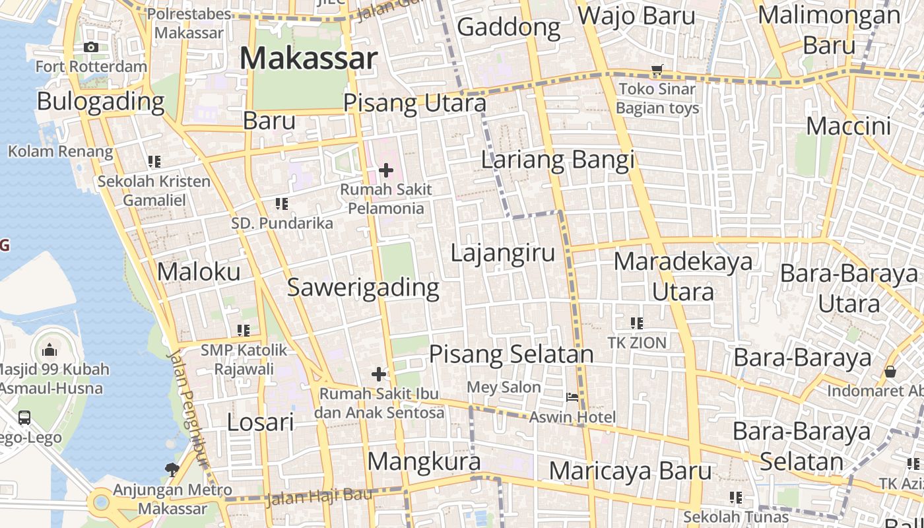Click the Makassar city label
(x=308, y=58)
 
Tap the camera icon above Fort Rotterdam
(x=91, y=47)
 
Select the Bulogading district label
(x=100, y=102)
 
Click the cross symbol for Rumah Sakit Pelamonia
(x=386, y=171)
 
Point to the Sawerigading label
(x=363, y=288)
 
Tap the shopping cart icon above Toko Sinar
(x=657, y=69)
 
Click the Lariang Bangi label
(x=557, y=160)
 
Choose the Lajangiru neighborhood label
(x=503, y=253)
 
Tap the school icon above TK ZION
(x=636, y=323)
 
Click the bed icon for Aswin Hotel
(x=572, y=397)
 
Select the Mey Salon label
(x=504, y=387)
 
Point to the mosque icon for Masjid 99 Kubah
(x=49, y=350)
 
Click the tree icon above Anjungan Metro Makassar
(x=172, y=469)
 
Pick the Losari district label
(x=260, y=422)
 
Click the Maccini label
(x=848, y=126)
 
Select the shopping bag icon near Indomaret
(x=890, y=372)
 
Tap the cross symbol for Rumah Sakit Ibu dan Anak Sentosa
(x=379, y=374)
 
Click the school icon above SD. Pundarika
(x=282, y=204)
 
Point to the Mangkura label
(x=424, y=461)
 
